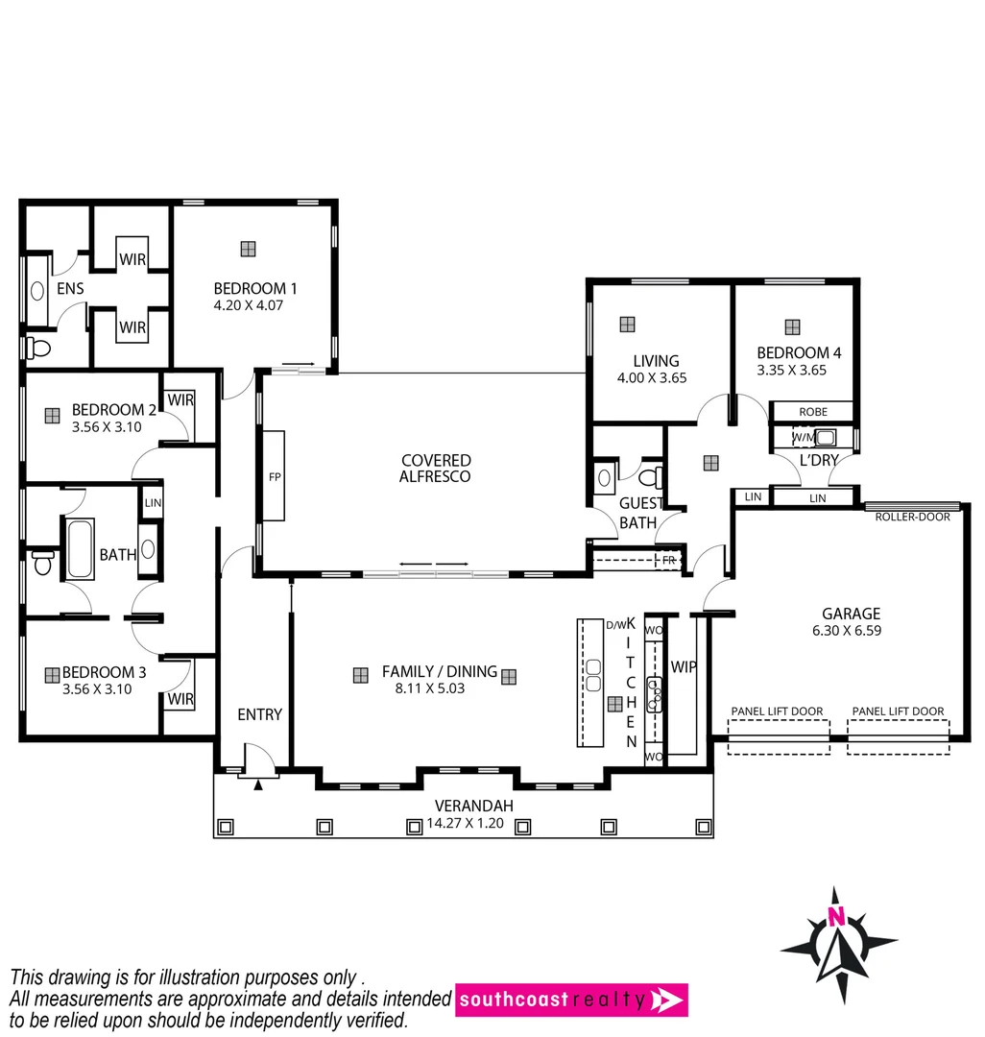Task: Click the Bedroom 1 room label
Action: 255,288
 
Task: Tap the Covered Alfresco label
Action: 436,469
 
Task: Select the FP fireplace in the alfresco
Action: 275,477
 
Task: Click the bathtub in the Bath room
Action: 79,548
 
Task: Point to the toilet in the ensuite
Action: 39,347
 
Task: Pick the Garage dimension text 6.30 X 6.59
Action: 851,631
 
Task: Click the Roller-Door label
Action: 912,517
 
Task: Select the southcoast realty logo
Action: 571,1000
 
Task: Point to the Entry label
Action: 259,714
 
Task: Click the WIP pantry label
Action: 684,666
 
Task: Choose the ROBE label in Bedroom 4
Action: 811,412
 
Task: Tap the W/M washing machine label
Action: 802,438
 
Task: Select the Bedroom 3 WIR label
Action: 180,698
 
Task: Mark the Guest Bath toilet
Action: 650,477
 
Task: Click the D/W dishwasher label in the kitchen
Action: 614,625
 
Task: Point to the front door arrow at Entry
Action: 257,785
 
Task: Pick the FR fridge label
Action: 668,560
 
